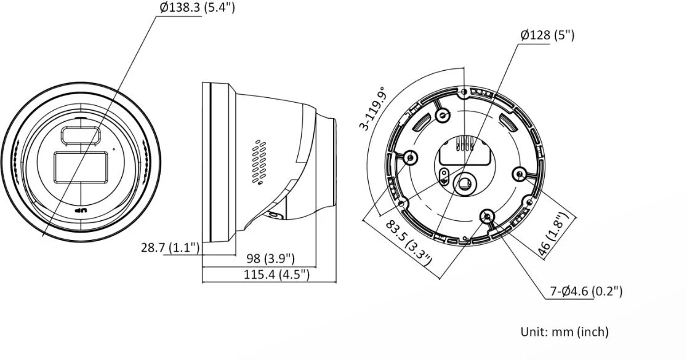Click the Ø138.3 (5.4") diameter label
click(197, 8)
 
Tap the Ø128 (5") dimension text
click(547, 35)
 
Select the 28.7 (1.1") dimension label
click(170, 247)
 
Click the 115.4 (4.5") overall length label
click(276, 274)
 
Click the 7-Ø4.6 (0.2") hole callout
click(586, 291)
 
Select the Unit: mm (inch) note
click(564, 332)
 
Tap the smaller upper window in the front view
click(80, 135)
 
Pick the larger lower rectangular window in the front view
click(81, 167)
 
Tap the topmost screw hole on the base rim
click(464, 92)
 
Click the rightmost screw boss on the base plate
click(520, 174)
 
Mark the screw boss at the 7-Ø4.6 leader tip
click(487, 215)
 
